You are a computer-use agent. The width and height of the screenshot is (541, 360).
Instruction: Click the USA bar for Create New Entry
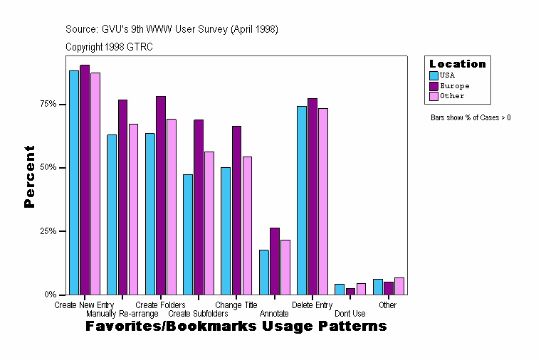74,182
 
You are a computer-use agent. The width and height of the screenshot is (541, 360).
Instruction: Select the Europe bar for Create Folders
161,195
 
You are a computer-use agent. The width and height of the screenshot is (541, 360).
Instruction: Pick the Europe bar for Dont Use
350,291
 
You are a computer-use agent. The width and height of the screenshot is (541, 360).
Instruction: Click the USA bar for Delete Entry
302,200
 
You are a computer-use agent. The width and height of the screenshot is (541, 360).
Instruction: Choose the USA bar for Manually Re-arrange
112,214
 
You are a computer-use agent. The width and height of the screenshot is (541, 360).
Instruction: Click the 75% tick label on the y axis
48,104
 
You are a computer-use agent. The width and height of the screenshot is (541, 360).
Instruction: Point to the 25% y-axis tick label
48,231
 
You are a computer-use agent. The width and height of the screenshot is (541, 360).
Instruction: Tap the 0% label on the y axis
51,295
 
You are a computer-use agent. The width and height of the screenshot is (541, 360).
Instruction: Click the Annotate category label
274,314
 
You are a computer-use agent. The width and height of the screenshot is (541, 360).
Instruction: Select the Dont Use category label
350,314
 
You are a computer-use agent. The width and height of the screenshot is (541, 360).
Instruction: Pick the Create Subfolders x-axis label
198,314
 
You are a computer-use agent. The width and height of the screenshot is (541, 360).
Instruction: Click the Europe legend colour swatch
434,86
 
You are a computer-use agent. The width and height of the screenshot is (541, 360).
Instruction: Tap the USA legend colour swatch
434,75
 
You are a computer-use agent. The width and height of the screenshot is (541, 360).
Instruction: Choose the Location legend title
458,64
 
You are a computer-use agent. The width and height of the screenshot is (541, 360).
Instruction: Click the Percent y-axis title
29,176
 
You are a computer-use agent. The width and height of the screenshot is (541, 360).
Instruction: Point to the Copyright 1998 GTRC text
109,47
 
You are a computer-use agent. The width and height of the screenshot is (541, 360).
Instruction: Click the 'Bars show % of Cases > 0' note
471,117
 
